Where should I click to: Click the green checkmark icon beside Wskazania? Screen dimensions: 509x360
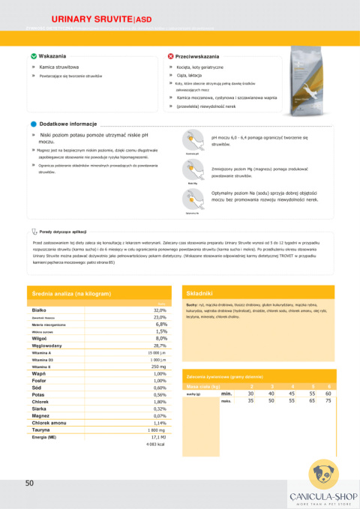(33, 56)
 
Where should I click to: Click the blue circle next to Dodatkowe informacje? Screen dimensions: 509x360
(34, 124)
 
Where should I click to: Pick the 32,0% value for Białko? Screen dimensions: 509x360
(160, 310)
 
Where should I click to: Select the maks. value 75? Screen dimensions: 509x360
(328, 400)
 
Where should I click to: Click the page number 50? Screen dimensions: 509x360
(29, 484)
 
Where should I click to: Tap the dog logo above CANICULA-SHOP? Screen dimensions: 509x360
(323, 475)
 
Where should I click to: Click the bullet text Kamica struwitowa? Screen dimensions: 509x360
(59, 67)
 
